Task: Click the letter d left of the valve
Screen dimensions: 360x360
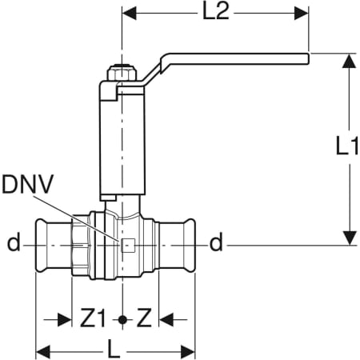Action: coord(13,243)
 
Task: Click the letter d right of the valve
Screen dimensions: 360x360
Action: coord(215,242)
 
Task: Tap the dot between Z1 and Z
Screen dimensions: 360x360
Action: coord(122,319)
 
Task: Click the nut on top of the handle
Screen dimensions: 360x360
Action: coord(122,73)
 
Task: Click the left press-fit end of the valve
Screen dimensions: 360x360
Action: coord(53,242)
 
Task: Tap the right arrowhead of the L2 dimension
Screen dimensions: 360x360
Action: coord(302,14)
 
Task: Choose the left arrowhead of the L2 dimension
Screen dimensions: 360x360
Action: coord(129,14)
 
